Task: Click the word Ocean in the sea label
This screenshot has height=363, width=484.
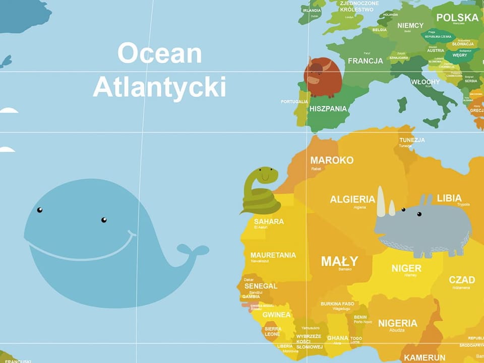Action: (x=159, y=53)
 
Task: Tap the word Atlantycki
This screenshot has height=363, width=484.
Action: (x=159, y=87)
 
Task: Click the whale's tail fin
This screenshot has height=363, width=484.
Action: (x=194, y=251)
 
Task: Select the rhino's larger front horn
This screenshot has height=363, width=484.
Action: (x=381, y=202)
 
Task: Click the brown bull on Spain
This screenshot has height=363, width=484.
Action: (x=323, y=76)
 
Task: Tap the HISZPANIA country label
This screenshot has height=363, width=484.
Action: (x=328, y=108)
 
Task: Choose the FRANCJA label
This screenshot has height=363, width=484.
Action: (x=366, y=61)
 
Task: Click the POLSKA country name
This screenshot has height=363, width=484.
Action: (x=457, y=18)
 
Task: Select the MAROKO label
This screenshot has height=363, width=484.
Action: (x=332, y=160)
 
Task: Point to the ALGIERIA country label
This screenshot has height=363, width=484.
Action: (x=352, y=199)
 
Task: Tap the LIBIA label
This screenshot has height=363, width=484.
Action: (x=449, y=198)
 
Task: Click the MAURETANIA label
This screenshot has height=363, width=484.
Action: (x=273, y=255)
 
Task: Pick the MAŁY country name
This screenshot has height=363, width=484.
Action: (x=340, y=261)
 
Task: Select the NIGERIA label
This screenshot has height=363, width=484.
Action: (x=398, y=323)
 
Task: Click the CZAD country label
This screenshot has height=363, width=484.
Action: (x=462, y=280)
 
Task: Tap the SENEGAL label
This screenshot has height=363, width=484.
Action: (x=261, y=286)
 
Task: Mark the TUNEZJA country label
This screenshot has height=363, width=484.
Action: (x=412, y=140)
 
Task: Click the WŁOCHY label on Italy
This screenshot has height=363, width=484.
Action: (x=425, y=82)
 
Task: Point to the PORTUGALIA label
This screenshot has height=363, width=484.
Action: (x=294, y=101)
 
